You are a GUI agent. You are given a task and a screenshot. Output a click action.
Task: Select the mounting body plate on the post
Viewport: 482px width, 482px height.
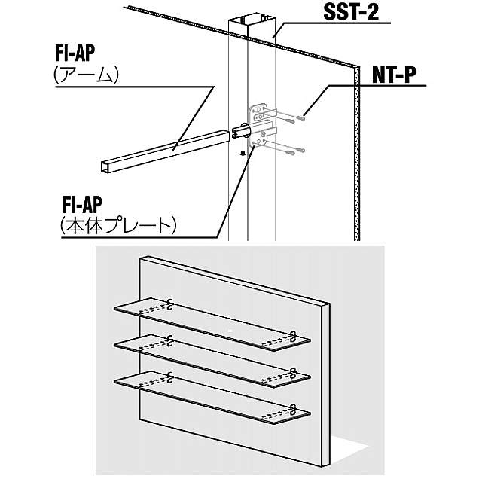click(x=260, y=124)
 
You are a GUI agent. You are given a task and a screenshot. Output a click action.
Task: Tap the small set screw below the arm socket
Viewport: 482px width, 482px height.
click(x=241, y=152)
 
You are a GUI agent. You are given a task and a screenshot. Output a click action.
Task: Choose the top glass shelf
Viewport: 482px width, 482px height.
click(x=211, y=323)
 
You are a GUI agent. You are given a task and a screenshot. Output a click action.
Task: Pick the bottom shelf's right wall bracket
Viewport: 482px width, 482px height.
click(x=292, y=410)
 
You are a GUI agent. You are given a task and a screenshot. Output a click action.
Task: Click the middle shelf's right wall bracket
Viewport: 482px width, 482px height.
click(x=292, y=371)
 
